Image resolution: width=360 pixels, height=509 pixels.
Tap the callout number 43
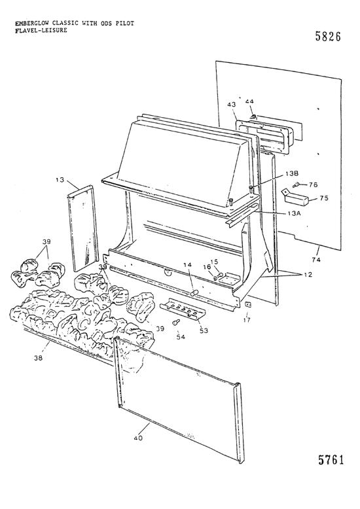point(231,105)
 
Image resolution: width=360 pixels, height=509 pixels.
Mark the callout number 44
point(250,102)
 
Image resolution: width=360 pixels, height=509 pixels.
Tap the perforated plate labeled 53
point(184,308)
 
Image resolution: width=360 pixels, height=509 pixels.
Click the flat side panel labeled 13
point(81,229)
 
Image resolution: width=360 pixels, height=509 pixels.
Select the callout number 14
point(187,265)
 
